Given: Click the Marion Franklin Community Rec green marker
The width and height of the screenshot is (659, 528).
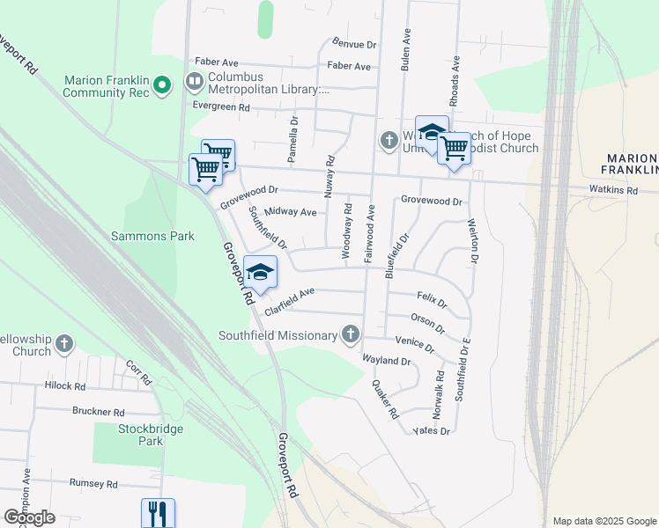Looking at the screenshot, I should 162,85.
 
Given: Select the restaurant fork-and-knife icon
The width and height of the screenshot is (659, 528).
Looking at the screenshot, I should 158,512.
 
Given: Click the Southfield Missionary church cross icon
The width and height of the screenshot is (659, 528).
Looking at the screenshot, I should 351,334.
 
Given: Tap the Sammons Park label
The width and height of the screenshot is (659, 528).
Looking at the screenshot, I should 152,236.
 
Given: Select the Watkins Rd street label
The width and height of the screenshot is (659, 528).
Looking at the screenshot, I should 613,190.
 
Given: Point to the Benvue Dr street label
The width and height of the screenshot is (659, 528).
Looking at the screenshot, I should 354,43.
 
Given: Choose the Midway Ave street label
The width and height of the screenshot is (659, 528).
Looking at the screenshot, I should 290,212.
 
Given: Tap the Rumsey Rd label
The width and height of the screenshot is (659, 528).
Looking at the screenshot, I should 93,484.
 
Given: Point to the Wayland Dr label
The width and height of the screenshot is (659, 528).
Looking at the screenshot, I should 387,361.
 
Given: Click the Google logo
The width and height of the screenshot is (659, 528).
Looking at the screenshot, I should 29,517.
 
